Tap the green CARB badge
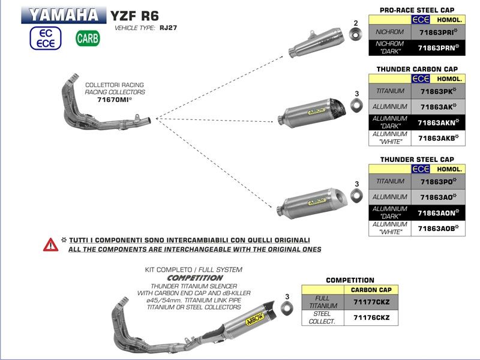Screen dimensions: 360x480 pyautogui.click(x=88, y=38)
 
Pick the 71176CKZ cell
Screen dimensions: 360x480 pyautogui.click(x=370, y=317)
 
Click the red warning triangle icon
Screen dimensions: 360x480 pyautogui.click(x=50, y=244)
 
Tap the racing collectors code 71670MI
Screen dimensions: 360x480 pyautogui.click(x=114, y=100)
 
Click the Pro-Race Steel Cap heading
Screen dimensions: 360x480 pyautogui.click(x=416, y=10)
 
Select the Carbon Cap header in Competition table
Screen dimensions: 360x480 pyautogui.click(x=370, y=290)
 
